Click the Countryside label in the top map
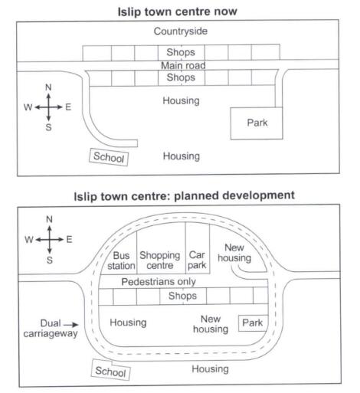[181, 31]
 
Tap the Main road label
[183, 66]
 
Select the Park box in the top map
[257, 123]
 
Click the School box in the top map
[109, 157]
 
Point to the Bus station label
[121, 260]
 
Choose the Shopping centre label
[160, 260]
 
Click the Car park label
[197, 260]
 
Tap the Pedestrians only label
[159, 282]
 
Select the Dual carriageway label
[51, 329]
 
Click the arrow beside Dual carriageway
[71, 325]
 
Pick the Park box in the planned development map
[253, 323]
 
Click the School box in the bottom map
[110, 371]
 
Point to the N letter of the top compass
[48, 87]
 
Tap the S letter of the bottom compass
[50, 260]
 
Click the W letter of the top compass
[28, 107]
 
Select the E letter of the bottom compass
[69, 240]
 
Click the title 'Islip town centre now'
[178, 11]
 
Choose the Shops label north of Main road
[181, 52]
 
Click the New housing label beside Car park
[234, 253]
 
